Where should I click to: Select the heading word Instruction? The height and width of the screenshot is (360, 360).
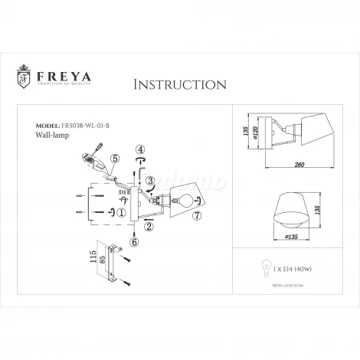point(178,83)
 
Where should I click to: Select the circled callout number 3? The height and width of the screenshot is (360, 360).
point(152,182)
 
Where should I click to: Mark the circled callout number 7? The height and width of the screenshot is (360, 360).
point(197,217)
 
